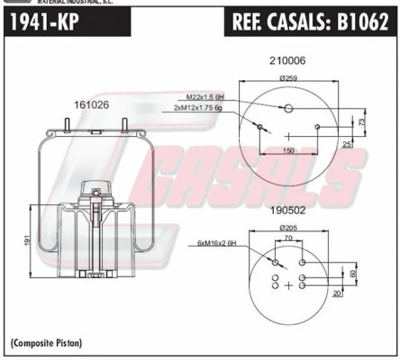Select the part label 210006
click(287, 60)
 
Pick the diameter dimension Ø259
click(288, 77)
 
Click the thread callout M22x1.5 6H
click(206, 96)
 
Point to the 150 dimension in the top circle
click(288, 150)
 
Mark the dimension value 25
click(348, 144)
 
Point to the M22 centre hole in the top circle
click(288, 109)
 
